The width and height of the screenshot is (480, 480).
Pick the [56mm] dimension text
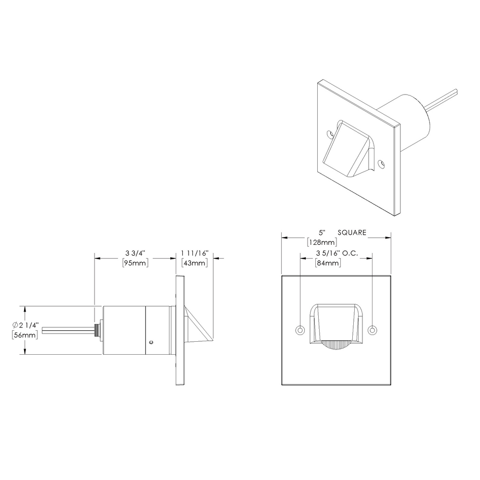(x=24, y=335)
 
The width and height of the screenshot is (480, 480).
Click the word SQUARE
(x=352, y=232)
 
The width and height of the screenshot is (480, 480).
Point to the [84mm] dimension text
(x=328, y=263)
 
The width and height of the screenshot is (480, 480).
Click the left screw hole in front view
(x=300, y=330)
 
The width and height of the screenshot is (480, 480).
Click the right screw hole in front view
(x=373, y=330)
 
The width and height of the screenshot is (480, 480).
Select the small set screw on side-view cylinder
(x=151, y=342)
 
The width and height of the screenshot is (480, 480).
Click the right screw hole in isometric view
(x=381, y=164)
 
